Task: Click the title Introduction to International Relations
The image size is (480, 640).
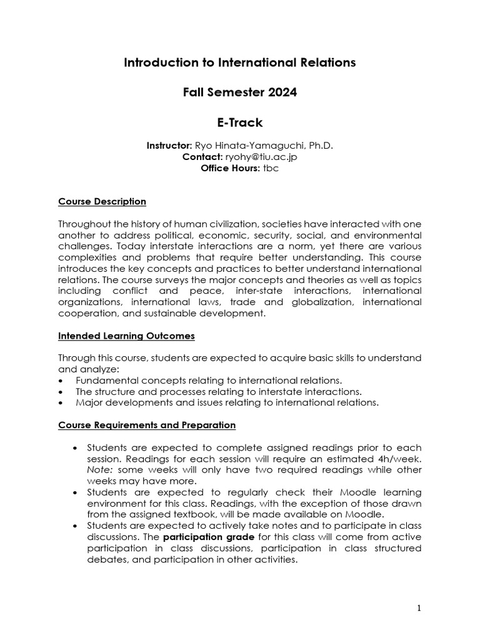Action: tap(239, 62)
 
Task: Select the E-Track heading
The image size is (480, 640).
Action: tap(239, 122)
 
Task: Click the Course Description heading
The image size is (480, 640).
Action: tap(102, 201)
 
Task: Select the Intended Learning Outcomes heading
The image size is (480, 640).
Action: tap(126, 336)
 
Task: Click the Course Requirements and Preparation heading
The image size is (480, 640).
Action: tap(147, 425)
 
